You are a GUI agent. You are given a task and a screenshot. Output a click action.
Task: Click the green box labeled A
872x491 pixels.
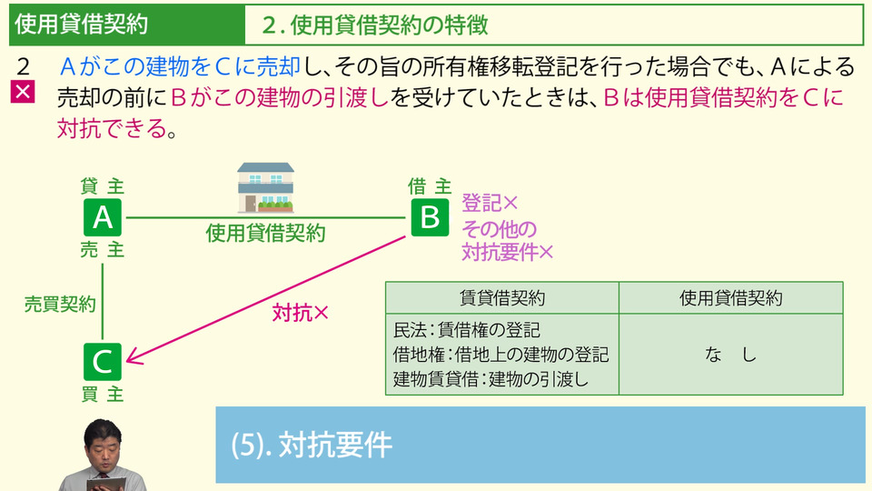point(103,218)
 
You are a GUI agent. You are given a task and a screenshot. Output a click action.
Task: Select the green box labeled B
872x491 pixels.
point(431,218)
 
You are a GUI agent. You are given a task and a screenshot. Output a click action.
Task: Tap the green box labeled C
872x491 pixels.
point(103,361)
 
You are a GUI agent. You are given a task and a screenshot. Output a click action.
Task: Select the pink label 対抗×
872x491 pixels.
point(300,313)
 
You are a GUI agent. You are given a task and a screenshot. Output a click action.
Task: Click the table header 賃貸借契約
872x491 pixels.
point(502,297)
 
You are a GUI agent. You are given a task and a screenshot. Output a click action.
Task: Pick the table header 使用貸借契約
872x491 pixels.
point(730,297)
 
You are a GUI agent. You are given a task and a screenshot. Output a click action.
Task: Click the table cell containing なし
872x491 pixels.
point(730,356)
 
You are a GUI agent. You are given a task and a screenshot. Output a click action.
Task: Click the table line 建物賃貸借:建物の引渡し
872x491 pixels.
point(490,379)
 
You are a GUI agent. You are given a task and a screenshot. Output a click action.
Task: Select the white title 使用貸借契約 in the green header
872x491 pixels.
point(81,25)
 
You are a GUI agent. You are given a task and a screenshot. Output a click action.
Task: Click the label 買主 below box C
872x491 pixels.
point(103,394)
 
